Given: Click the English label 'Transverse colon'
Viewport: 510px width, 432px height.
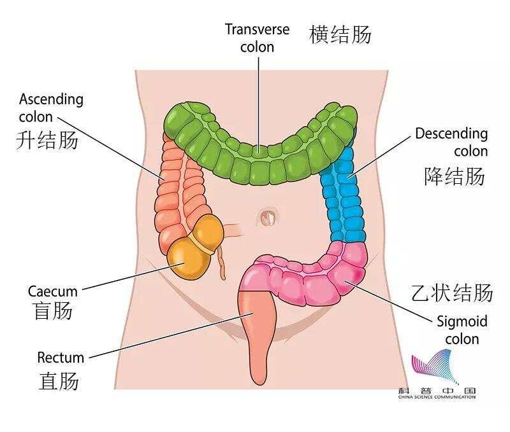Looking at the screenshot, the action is [258, 38].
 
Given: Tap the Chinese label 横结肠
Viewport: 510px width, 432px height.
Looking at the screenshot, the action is [340, 35].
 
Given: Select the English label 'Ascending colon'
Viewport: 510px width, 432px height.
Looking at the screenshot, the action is [51, 108].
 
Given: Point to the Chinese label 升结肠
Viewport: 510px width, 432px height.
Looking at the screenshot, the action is [47, 141].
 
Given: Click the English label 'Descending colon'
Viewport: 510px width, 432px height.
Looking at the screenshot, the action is [451, 142].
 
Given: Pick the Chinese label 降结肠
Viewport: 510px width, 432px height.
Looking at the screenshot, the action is [455, 176].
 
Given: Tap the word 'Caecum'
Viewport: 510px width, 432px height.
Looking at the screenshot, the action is [53, 291].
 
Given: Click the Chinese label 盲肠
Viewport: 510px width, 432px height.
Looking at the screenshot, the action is [53, 310].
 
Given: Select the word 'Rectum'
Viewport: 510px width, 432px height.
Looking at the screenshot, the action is [61, 358].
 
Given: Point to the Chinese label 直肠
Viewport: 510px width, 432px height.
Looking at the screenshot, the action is [59, 380].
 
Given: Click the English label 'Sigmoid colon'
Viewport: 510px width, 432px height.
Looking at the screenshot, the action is [462, 330].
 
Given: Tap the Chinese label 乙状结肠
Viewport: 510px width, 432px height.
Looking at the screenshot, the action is [453, 293].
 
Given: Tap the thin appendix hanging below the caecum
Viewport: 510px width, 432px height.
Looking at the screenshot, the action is [222, 263].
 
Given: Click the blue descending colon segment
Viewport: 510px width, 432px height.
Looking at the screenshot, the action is [344, 195].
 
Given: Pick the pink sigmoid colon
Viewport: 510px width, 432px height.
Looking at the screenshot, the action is [309, 276].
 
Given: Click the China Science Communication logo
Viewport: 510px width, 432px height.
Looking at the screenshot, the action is [437, 374].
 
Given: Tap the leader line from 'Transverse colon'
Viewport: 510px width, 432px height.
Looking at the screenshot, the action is [259, 103].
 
